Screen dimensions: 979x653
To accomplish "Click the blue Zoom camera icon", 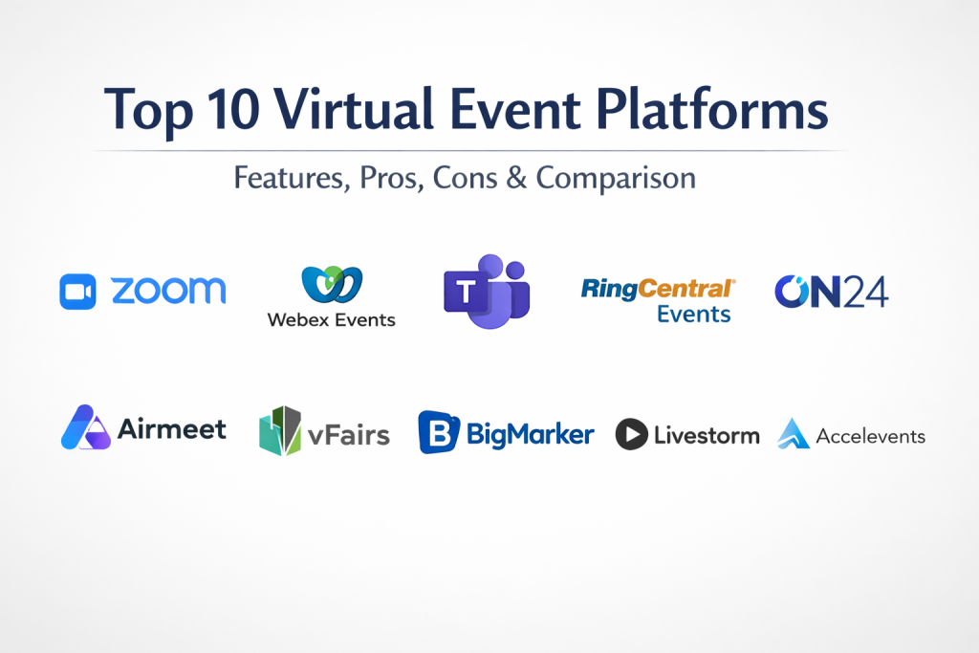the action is tap(77, 292).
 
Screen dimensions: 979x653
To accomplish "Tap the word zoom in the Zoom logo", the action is tap(168, 291).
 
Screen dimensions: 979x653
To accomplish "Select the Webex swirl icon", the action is tap(332, 284).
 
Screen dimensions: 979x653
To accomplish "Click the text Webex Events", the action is tap(332, 319).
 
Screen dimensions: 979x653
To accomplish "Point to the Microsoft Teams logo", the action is tap(487, 292).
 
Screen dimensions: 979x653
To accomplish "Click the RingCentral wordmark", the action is tap(658, 289).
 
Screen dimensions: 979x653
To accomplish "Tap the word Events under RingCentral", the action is tap(694, 314).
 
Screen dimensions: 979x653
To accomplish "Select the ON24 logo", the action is tap(831, 292).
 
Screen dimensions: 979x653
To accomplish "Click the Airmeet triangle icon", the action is tap(86, 427).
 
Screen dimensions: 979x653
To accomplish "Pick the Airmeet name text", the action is tap(172, 429).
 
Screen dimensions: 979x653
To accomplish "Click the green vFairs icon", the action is tap(280, 431).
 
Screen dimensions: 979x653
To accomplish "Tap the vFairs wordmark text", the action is tap(348, 434).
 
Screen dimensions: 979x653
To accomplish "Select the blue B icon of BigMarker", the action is tap(439, 432).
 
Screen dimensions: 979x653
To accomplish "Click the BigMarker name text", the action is tap(530, 434).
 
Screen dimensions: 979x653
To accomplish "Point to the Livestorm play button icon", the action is tap(631, 434).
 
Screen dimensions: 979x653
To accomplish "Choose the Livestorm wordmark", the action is tap(707, 435).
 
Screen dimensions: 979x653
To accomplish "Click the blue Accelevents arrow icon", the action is tap(794, 433).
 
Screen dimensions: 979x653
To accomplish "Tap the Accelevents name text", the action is tap(870, 436).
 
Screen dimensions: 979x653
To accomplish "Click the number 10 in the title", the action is tap(233, 109).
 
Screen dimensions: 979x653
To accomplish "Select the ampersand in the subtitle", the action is tap(516, 178).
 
